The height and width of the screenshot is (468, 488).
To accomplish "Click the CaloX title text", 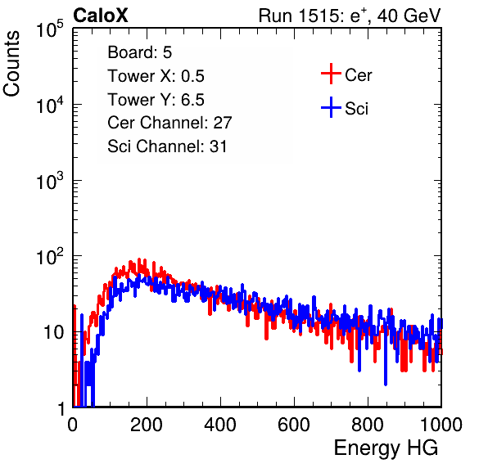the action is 101,16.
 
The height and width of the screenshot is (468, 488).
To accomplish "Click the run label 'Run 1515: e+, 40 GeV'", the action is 350,16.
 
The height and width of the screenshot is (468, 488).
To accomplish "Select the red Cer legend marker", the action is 331,74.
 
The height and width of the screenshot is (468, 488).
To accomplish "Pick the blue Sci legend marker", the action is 331,107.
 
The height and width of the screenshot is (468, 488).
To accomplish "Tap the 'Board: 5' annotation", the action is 140,52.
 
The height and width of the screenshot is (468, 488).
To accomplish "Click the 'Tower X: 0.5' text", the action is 156,76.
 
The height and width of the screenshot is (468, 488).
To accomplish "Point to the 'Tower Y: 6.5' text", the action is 156,100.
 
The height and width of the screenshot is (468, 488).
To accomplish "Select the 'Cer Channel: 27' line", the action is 169,123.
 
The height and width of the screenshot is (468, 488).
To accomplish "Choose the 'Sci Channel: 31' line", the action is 167,146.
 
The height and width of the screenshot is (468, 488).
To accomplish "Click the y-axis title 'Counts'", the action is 11,64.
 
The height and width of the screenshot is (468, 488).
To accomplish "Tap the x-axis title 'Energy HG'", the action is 386,448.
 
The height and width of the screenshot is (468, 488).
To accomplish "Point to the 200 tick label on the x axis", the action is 147,425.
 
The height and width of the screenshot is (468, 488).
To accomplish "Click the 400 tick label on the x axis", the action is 220,425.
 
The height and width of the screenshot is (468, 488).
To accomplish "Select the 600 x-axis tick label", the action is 294,425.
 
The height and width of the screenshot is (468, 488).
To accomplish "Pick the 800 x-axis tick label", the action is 368,425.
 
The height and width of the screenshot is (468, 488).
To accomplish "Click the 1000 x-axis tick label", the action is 441,425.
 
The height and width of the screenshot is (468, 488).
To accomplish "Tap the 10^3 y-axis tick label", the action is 50,181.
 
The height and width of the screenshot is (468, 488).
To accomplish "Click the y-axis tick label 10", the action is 53,333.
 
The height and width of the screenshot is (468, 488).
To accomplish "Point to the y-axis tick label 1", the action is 61,408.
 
